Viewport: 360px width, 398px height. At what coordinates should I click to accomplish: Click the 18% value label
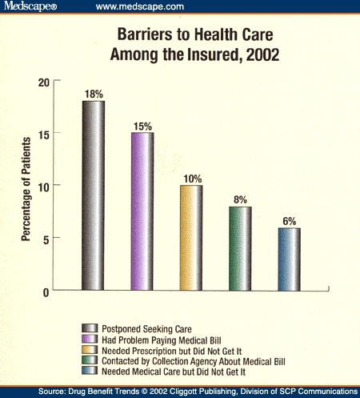94,94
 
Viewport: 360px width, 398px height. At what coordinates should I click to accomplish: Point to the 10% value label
192,178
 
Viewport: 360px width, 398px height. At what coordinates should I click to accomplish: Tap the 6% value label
290,220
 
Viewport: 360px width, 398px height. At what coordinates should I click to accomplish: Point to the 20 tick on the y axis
44,81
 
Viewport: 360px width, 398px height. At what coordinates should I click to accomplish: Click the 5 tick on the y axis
46,239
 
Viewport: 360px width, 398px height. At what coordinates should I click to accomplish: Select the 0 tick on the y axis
46,291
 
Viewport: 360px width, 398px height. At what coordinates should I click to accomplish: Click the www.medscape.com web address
141,7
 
